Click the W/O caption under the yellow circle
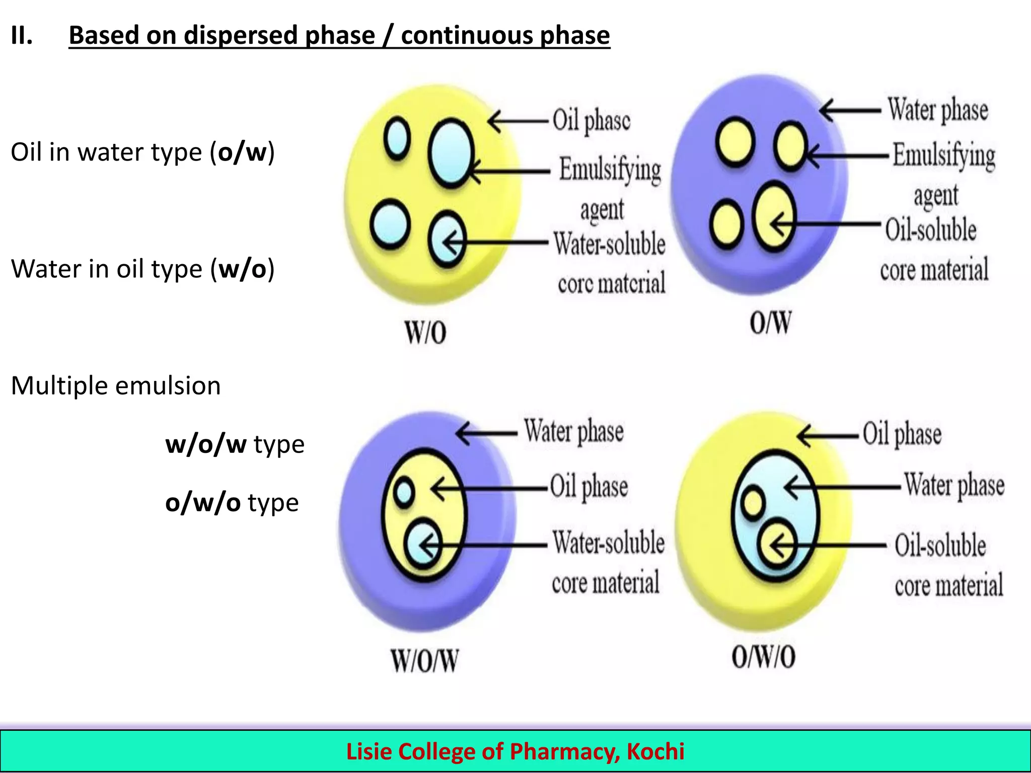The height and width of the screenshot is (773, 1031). pyautogui.click(x=425, y=333)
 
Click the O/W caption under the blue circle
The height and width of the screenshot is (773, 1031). pyautogui.click(x=770, y=323)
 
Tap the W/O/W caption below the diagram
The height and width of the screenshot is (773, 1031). pyautogui.click(x=425, y=661)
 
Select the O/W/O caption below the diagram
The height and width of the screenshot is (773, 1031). pyautogui.click(x=764, y=657)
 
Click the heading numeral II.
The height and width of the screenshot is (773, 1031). pyautogui.click(x=22, y=36)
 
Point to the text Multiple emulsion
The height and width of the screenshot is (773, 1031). pyautogui.click(x=116, y=386)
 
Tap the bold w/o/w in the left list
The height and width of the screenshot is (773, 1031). pyautogui.click(x=205, y=444)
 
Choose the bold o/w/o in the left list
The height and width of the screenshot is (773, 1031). pyautogui.click(x=203, y=503)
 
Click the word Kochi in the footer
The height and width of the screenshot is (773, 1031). pyautogui.click(x=655, y=751)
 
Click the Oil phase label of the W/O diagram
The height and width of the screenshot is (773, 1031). pyautogui.click(x=591, y=120)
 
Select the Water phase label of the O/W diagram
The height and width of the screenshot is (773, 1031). pyautogui.click(x=937, y=110)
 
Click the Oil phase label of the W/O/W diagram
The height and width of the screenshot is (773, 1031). pyautogui.click(x=588, y=487)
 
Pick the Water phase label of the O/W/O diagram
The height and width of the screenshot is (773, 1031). pyautogui.click(x=954, y=485)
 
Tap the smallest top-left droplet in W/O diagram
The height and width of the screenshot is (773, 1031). pyautogui.click(x=397, y=137)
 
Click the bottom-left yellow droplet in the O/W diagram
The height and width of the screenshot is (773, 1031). pyautogui.click(x=727, y=224)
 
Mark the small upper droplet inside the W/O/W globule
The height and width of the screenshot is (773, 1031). pyautogui.click(x=404, y=493)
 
